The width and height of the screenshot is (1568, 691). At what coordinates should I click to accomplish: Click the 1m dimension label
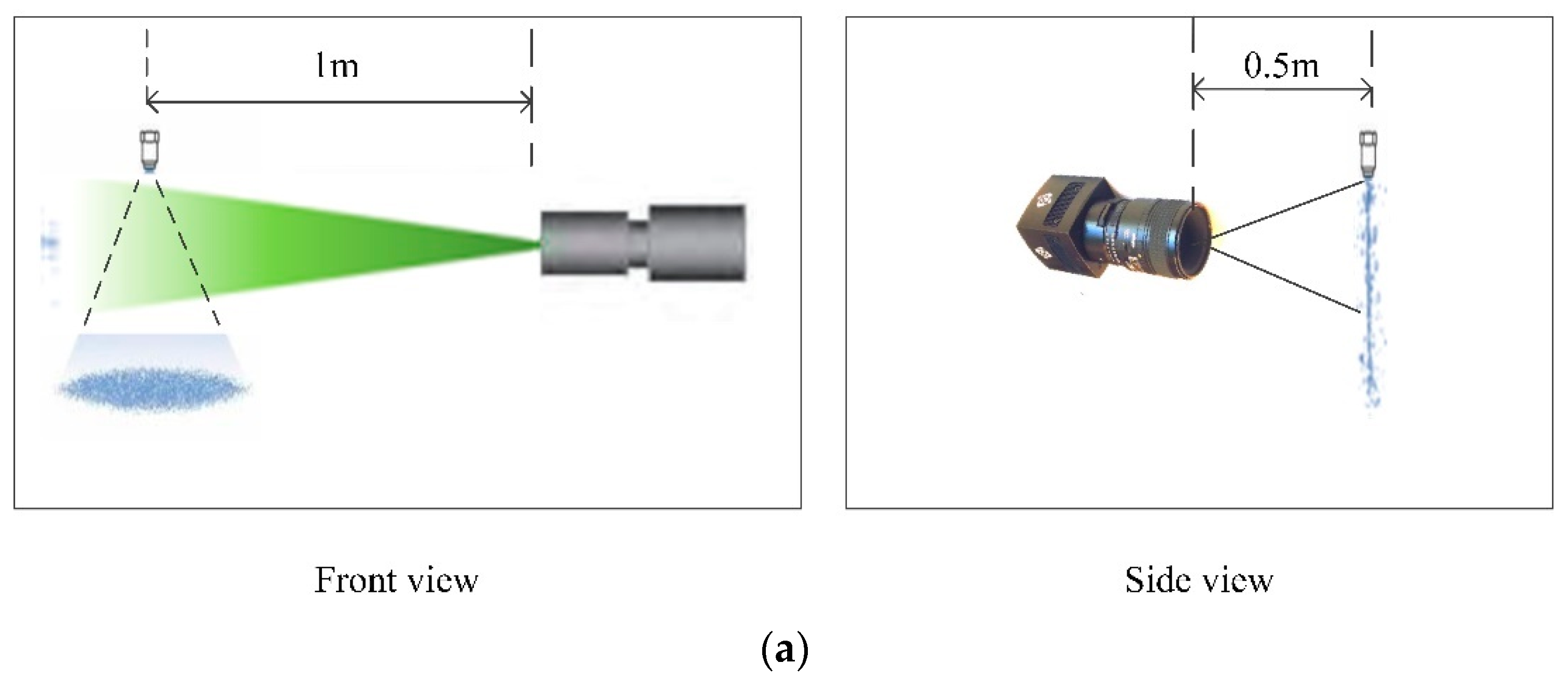[x=337, y=66]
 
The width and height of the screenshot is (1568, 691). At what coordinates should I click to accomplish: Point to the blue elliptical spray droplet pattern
[x=152, y=388]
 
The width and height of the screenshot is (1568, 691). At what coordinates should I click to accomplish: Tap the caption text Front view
[x=396, y=580]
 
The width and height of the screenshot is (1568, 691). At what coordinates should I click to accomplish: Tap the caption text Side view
[x=1198, y=580]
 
